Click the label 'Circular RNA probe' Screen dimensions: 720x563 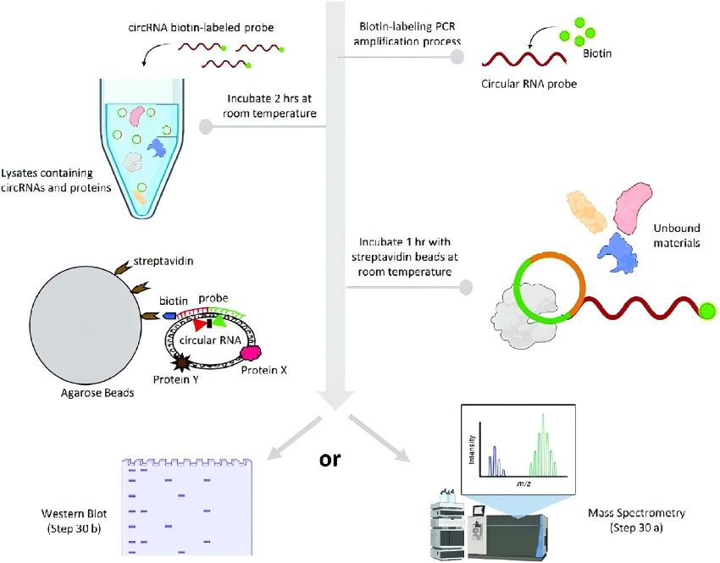click(x=529, y=84)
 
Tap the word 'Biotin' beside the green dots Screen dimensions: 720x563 click(x=597, y=53)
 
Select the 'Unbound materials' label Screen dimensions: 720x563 click(x=677, y=235)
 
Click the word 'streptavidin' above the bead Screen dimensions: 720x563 click(x=163, y=261)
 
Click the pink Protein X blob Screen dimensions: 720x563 click(x=251, y=353)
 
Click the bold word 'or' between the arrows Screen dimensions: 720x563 click(x=330, y=459)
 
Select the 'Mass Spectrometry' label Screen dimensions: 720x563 click(x=636, y=512)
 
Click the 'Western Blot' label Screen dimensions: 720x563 click(x=74, y=513)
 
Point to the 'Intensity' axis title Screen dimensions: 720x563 click(x=472, y=450)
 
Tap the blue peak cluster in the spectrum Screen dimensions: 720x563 click(x=496, y=461)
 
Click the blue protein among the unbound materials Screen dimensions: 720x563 click(x=618, y=253)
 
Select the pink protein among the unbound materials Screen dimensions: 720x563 click(x=633, y=207)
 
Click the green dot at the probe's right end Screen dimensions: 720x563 click(x=707, y=312)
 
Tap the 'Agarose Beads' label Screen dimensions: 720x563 click(x=97, y=393)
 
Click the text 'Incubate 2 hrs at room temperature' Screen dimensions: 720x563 click(x=269, y=106)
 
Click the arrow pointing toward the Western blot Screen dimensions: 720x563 click(x=293, y=438)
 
